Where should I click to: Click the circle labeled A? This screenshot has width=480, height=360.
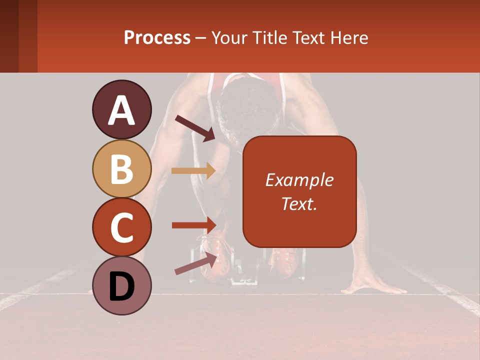[121, 109]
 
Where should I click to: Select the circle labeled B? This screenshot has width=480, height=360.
[121, 168]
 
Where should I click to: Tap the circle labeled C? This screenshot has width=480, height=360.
[121, 227]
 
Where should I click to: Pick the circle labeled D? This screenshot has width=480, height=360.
[121, 285]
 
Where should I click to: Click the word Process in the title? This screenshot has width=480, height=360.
[157, 37]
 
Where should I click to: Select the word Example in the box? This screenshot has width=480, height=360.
[299, 180]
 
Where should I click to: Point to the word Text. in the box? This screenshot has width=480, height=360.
[299, 203]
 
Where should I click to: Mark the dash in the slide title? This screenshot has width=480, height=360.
[201, 38]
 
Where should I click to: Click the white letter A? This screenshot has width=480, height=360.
[121, 110]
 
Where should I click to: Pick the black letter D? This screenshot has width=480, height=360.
[121, 286]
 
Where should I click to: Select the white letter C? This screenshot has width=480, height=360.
[121, 228]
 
